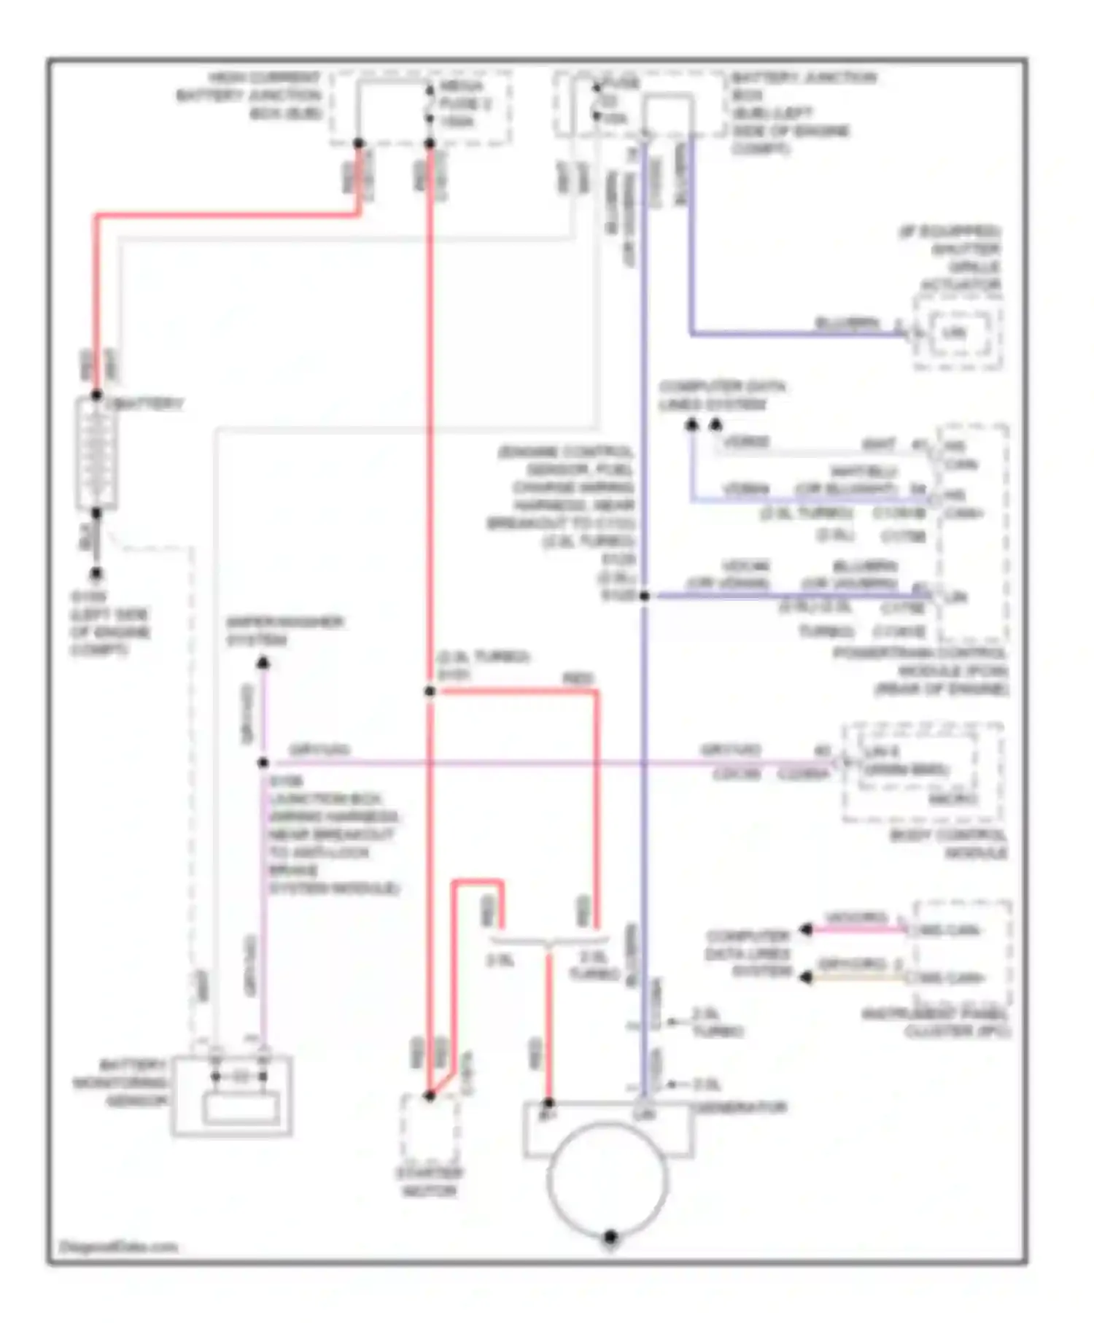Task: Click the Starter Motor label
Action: (429, 1182)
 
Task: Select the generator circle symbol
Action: (608, 1179)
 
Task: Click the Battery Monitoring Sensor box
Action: (232, 1095)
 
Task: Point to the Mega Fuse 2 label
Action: (465, 104)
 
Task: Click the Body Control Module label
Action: (948, 844)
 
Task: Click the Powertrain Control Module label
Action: (921, 670)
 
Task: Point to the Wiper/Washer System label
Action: (284, 631)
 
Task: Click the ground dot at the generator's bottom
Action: (610, 1237)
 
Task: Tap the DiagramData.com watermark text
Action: (118, 1246)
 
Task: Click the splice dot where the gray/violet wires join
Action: (263, 763)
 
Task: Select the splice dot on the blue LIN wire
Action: (644, 596)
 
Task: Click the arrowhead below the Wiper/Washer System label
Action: (263, 662)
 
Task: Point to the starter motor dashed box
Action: (430, 1128)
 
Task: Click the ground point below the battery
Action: (96, 574)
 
